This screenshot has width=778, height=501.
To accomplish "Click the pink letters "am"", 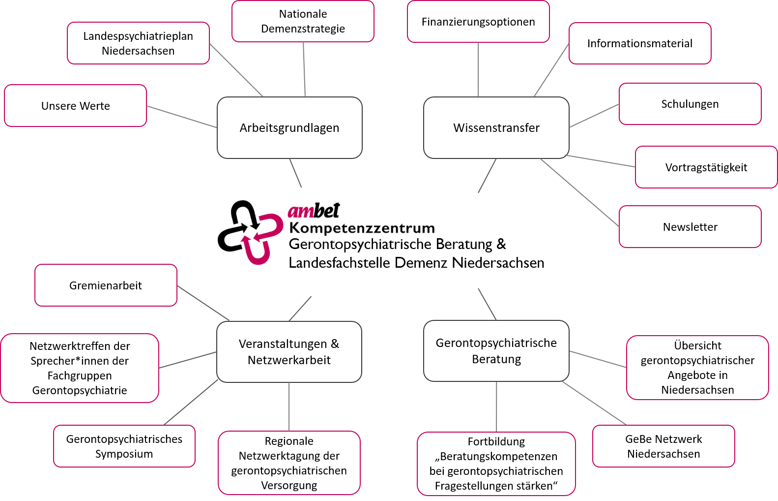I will (301, 212).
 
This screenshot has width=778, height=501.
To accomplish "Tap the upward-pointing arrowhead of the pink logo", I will (245, 240).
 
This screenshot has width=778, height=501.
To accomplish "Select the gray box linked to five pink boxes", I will (496, 127).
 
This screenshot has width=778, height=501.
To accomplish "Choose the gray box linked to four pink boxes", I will (289, 351).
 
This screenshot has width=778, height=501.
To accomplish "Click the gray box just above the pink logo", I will (289, 127).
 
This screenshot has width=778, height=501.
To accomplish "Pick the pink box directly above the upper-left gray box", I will (303, 21).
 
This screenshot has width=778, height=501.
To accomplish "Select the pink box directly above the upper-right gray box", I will (478, 21).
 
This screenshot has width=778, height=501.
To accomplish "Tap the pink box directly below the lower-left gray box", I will (289, 463).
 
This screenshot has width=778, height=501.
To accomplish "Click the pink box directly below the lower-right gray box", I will (496, 464).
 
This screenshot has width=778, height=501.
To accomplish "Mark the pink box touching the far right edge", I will (706, 167).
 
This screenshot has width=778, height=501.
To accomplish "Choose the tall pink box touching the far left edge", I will (80, 368).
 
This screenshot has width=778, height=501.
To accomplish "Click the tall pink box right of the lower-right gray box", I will (697, 367).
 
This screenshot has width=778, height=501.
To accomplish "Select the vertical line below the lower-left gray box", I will (289, 407).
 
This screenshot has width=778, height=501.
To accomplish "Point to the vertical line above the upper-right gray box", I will (478, 69).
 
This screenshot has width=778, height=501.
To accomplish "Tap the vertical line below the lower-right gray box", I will (496, 407).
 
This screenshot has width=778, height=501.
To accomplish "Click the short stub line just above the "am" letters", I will (295, 173).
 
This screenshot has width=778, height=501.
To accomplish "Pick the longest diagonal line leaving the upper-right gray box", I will (580, 193).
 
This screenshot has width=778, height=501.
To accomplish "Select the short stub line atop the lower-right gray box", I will (487, 304).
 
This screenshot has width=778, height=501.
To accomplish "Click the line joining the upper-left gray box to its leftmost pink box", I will (182, 117).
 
